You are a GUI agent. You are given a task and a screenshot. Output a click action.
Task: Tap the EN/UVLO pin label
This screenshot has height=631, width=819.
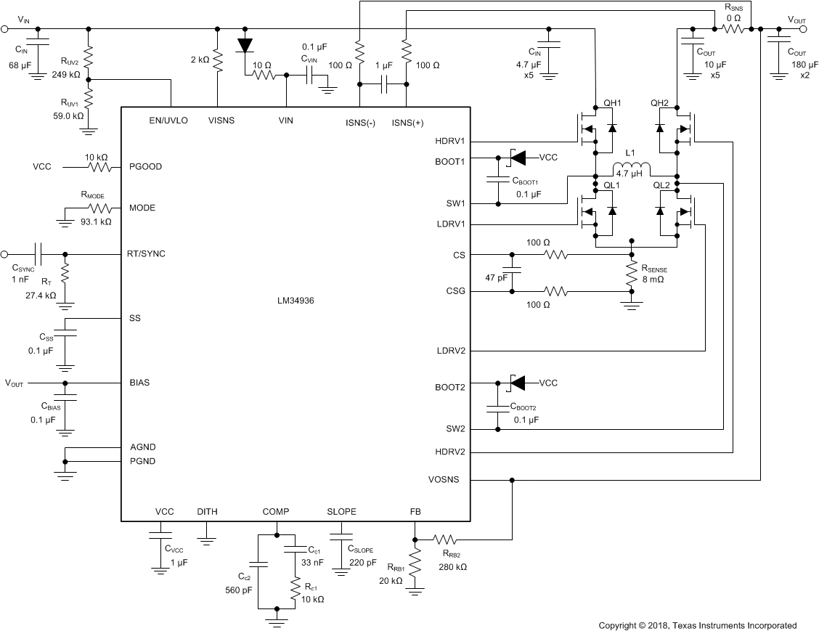coord(168,121)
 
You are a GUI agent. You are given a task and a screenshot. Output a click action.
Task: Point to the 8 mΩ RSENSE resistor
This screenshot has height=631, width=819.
coord(632,273)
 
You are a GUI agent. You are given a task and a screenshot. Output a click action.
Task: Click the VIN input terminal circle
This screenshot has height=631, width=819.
coord(4,29)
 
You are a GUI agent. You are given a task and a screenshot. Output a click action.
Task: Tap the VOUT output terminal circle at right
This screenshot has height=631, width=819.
coord(804,29)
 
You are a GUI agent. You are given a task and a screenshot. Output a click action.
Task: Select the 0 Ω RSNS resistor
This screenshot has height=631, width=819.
coord(733,29)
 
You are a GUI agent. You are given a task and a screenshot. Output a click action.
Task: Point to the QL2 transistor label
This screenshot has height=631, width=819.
coord(661,185)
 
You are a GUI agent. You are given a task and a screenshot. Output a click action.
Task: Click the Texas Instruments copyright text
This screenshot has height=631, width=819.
coord(697,625)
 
